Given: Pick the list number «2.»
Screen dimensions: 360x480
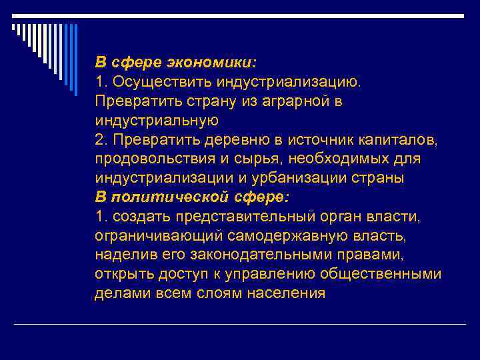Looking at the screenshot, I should tap(102, 140).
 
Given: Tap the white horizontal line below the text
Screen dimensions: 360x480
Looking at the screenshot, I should tap(240, 325).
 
